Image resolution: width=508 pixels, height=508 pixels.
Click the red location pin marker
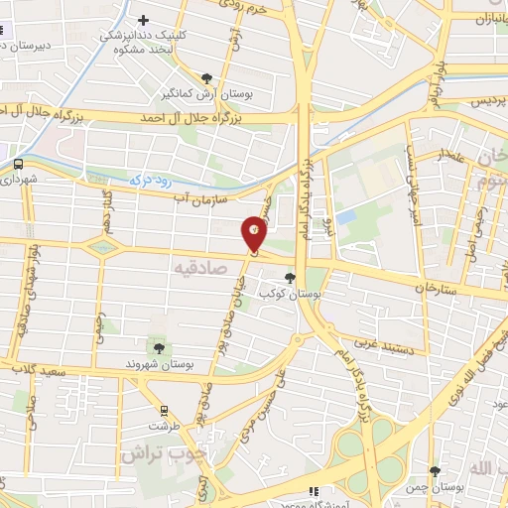pyautogui.click(x=256, y=233)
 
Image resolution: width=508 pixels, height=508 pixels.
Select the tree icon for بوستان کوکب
pyautogui.click(x=290, y=279)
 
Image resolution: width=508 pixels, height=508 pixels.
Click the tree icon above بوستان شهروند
pyautogui.click(x=158, y=346)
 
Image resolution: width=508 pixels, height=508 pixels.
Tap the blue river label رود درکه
pyautogui.click(x=151, y=182)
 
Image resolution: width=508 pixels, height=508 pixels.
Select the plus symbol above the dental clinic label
pyautogui.click(x=144, y=20)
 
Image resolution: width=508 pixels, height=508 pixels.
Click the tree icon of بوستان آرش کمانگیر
pyautogui.click(x=206, y=78)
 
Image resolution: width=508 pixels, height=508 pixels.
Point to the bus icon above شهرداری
pyautogui.click(x=19, y=164)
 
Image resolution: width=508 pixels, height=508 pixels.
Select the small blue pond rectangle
pyautogui.click(x=345, y=215)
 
